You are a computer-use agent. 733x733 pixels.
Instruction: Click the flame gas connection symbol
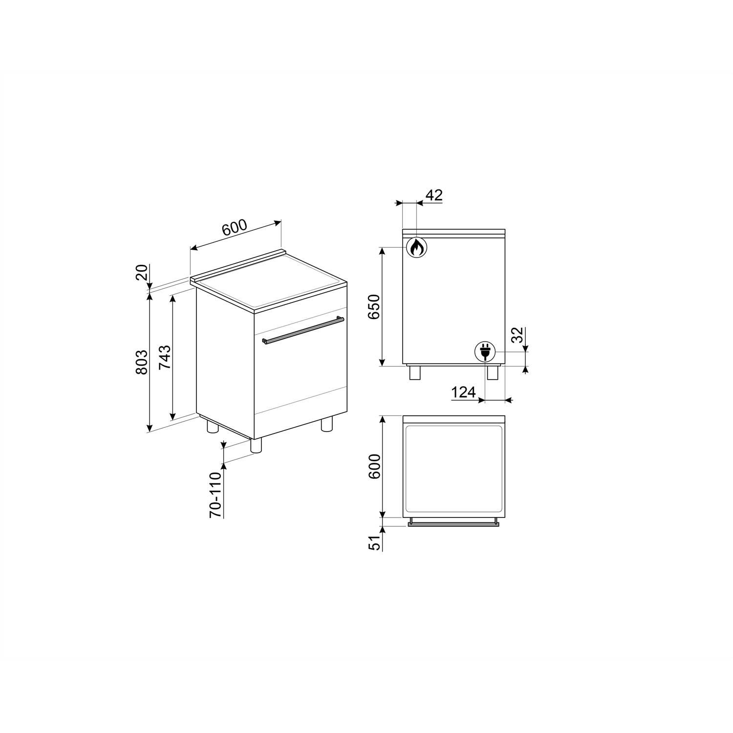pos(416,248)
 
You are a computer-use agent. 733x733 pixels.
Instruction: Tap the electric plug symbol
pos(485,352)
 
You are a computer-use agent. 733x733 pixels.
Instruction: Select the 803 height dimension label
pos(141,362)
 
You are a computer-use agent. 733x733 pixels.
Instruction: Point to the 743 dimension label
pos(165,357)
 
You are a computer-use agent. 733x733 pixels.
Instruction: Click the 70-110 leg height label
pos(216,495)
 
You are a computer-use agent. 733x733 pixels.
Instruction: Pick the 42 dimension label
pos(434,195)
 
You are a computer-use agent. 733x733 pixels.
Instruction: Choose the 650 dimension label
pos(374,307)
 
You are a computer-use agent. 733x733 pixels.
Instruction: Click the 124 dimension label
pos(463,392)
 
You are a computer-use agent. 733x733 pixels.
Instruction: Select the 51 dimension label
pos(374,543)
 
